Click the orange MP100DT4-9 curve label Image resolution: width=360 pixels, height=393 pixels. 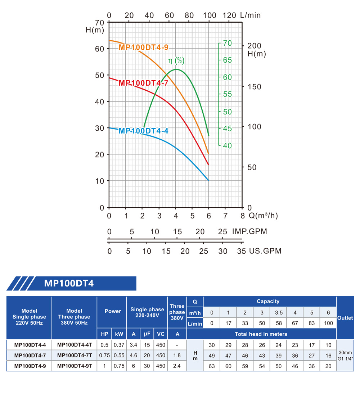tap(143, 48)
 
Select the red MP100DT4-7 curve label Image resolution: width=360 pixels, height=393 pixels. tap(143, 83)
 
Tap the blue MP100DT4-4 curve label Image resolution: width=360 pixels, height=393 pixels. tap(143, 131)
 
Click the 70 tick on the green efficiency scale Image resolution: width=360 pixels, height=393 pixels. tap(228, 43)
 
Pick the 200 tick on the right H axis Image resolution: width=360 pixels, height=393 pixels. tap(255, 46)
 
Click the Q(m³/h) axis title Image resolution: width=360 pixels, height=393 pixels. tap(264, 216)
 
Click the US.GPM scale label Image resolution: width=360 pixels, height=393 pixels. tap(265, 251)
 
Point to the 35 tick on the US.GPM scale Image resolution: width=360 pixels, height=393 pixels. tap(241, 251)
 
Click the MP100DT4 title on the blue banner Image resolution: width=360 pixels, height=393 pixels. tap(69, 283)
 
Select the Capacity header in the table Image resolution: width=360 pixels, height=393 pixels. tap(268, 302)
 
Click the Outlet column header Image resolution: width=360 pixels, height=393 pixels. tap(345, 318)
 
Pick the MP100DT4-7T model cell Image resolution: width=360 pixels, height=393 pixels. tap(75, 355)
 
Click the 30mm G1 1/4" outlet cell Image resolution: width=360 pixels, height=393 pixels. tap(345, 356)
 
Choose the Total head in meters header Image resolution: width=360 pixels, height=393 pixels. tap(261, 334)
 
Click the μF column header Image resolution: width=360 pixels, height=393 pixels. tap(147, 334)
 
